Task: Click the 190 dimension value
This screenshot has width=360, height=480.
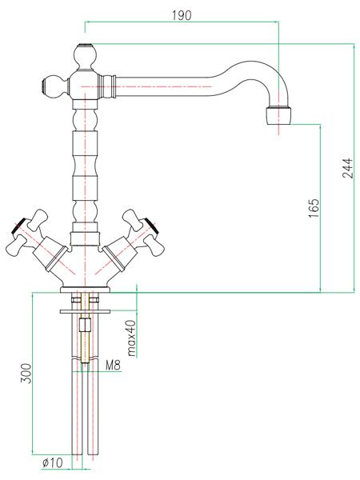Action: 182,15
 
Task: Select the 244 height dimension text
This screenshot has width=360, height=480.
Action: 347,168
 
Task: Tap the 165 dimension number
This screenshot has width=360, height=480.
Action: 314,209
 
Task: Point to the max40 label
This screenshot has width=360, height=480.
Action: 131,338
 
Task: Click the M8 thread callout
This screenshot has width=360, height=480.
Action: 114,365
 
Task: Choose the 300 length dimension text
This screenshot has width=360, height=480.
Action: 26,374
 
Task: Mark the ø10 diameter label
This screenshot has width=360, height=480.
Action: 52,462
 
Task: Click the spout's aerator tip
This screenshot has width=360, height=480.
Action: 278,116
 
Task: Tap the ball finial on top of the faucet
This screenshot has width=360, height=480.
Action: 86,58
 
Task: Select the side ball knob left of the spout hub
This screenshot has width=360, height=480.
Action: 54,86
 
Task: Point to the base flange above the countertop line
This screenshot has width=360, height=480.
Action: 85,290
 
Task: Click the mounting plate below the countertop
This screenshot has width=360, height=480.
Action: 85,312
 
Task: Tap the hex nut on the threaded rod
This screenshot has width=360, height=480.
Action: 85,325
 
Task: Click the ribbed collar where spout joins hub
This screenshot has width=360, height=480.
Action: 107,86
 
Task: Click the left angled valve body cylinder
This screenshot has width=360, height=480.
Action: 50,253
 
